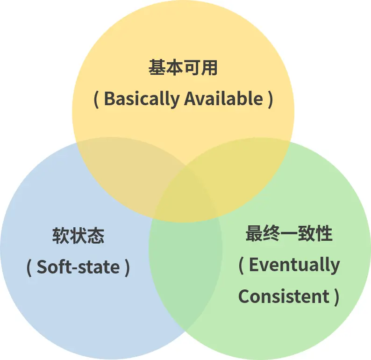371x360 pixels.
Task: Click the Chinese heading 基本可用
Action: pos(183,68)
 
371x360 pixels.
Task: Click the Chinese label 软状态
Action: pos(78,236)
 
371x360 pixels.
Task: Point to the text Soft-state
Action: pos(78,267)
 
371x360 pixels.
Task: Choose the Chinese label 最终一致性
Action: pos(289,234)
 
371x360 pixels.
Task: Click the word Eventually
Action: pos(294,265)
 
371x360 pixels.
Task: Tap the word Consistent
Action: pos(284,296)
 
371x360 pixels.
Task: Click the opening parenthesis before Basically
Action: pos(96,100)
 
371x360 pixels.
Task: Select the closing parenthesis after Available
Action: pos(271,100)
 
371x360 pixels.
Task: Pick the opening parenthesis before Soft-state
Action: pos(29,267)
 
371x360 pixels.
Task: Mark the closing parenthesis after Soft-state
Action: pos(127,267)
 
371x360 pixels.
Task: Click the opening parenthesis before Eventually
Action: pos(241,265)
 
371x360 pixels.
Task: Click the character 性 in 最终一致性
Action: pos(324,234)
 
